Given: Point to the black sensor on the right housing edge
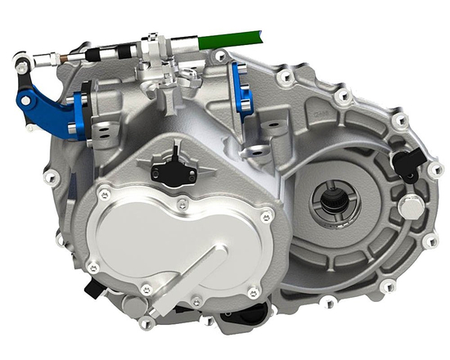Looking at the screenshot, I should (406, 163).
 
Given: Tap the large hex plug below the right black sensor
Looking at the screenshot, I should (407, 208).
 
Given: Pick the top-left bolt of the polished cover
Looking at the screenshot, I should (104, 194).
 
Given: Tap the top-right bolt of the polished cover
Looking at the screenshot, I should (266, 217).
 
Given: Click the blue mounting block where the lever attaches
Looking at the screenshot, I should (81, 114).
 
